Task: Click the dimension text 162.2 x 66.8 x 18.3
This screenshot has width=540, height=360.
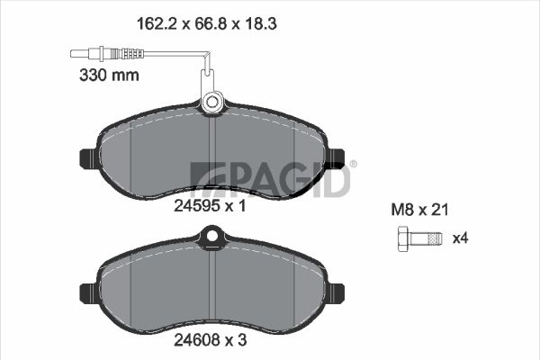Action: [x=207, y=24]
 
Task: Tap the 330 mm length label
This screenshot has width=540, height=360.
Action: [x=109, y=75]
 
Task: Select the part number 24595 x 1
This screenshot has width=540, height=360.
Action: [x=210, y=206]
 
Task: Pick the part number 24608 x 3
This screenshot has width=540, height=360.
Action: [x=210, y=340]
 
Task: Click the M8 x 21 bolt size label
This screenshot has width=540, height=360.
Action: [x=419, y=210]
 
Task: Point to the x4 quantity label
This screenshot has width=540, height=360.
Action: [x=461, y=238]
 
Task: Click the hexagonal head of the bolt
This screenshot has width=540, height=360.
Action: [x=403, y=238]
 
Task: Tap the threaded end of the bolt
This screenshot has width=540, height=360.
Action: [x=435, y=238]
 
